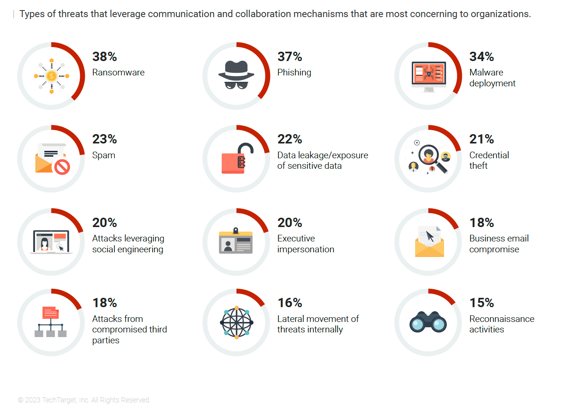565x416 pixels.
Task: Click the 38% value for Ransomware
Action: coord(104,56)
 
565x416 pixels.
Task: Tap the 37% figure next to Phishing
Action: coord(290,56)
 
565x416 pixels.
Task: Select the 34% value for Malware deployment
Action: coord(481,56)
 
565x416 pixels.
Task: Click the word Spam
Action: coord(104,156)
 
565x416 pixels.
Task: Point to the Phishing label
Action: coord(294,73)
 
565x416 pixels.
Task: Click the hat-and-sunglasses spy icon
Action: coord(236,75)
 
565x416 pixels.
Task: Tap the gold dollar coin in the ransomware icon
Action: coord(51,76)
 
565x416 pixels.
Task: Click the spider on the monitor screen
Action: coord(428,73)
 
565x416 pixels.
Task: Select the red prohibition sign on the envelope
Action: coord(62,166)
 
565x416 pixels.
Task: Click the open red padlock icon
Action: coord(237,158)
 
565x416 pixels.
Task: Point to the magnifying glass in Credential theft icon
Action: coord(432,158)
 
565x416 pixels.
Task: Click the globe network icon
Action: coord(237,323)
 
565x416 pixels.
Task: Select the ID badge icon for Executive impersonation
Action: coord(235,241)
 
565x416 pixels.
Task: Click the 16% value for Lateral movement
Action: coord(290,303)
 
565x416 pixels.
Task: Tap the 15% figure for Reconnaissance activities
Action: coord(481,303)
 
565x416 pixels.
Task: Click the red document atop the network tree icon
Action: coord(51,313)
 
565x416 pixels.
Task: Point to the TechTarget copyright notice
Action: coord(84,400)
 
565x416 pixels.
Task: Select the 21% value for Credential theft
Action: coord(481,139)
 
